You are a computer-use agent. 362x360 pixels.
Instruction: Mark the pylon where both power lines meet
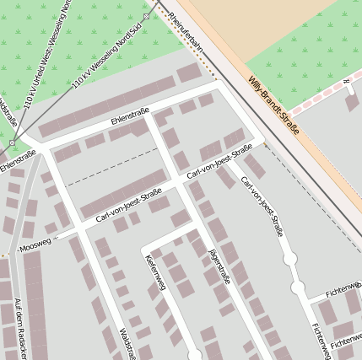click(x=12, y=144)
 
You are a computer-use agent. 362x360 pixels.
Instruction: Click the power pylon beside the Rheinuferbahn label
click(x=146, y=16)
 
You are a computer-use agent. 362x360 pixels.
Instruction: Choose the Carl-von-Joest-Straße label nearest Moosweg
click(x=128, y=207)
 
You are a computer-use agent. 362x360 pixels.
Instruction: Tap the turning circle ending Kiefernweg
click(x=195, y=355)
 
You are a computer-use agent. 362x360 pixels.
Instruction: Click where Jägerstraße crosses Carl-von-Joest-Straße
click(x=179, y=180)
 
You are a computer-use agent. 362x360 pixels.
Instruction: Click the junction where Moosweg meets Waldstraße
click(x=82, y=228)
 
